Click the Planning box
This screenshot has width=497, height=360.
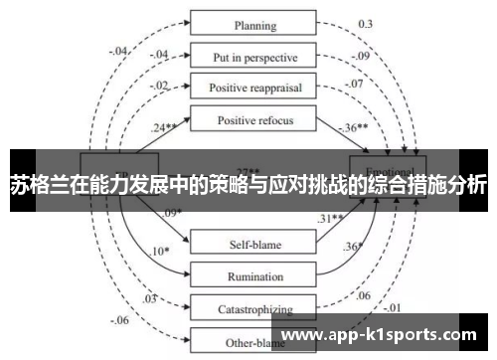pyautogui.click(x=255, y=25)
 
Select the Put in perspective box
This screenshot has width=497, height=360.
pyautogui.click(x=255, y=56)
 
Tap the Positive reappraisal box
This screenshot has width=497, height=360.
pyautogui.click(x=255, y=88)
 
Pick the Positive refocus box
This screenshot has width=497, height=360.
pyautogui.click(x=255, y=120)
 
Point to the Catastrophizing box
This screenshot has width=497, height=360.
pyautogui.click(x=255, y=309)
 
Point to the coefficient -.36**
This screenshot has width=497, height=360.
pyautogui.click(x=354, y=128)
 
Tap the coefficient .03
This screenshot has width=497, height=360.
pyautogui.click(x=150, y=298)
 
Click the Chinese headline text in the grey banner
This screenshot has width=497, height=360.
pyautogui.click(x=248, y=184)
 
